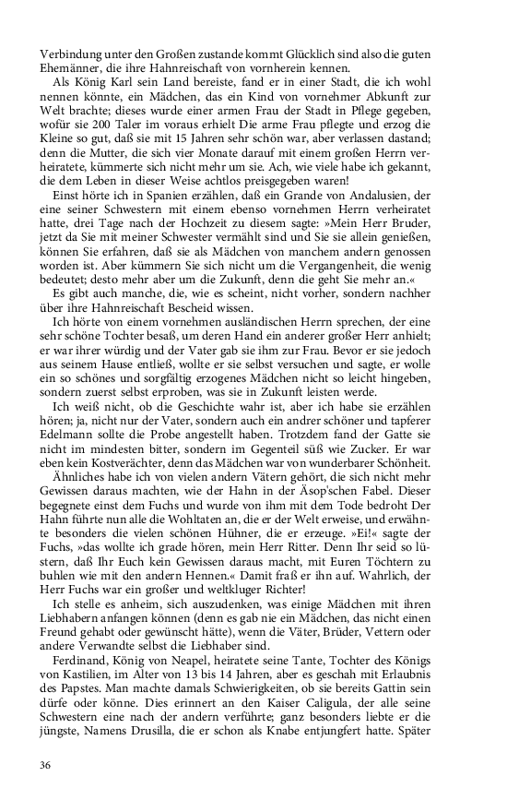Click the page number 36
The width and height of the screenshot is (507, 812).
[x=45, y=765]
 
